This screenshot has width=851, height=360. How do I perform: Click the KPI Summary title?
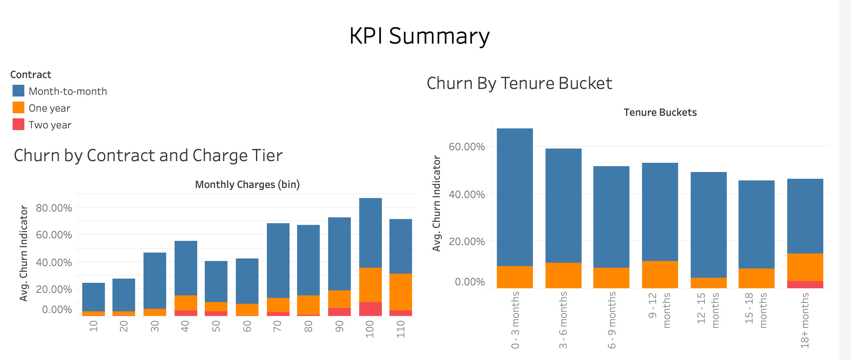[419, 36]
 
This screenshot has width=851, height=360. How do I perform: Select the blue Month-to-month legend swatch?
[18, 91]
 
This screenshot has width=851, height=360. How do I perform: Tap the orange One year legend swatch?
[18, 108]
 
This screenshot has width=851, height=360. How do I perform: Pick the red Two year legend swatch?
[18, 125]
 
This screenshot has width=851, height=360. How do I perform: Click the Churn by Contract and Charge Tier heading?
[148, 156]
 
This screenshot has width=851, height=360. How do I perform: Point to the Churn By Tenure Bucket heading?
[519, 83]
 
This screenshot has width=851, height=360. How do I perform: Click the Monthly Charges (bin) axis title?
[247, 185]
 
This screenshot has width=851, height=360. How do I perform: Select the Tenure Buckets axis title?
[660, 112]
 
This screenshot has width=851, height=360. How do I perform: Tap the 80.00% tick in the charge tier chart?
[54, 208]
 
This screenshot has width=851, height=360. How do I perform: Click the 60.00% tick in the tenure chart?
[467, 147]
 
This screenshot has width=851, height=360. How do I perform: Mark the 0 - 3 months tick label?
[515, 320]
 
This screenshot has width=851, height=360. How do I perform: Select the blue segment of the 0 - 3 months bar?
[515, 197]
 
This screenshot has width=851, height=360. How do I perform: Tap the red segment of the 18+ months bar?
[805, 284]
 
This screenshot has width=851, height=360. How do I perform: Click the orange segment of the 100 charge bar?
[371, 285]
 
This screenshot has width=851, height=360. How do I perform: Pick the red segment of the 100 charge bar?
[371, 309]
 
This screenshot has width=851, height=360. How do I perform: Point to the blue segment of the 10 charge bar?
[94, 297]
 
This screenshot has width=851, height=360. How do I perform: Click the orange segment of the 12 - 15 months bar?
[708, 283]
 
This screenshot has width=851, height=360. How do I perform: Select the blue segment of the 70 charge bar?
[278, 261]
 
